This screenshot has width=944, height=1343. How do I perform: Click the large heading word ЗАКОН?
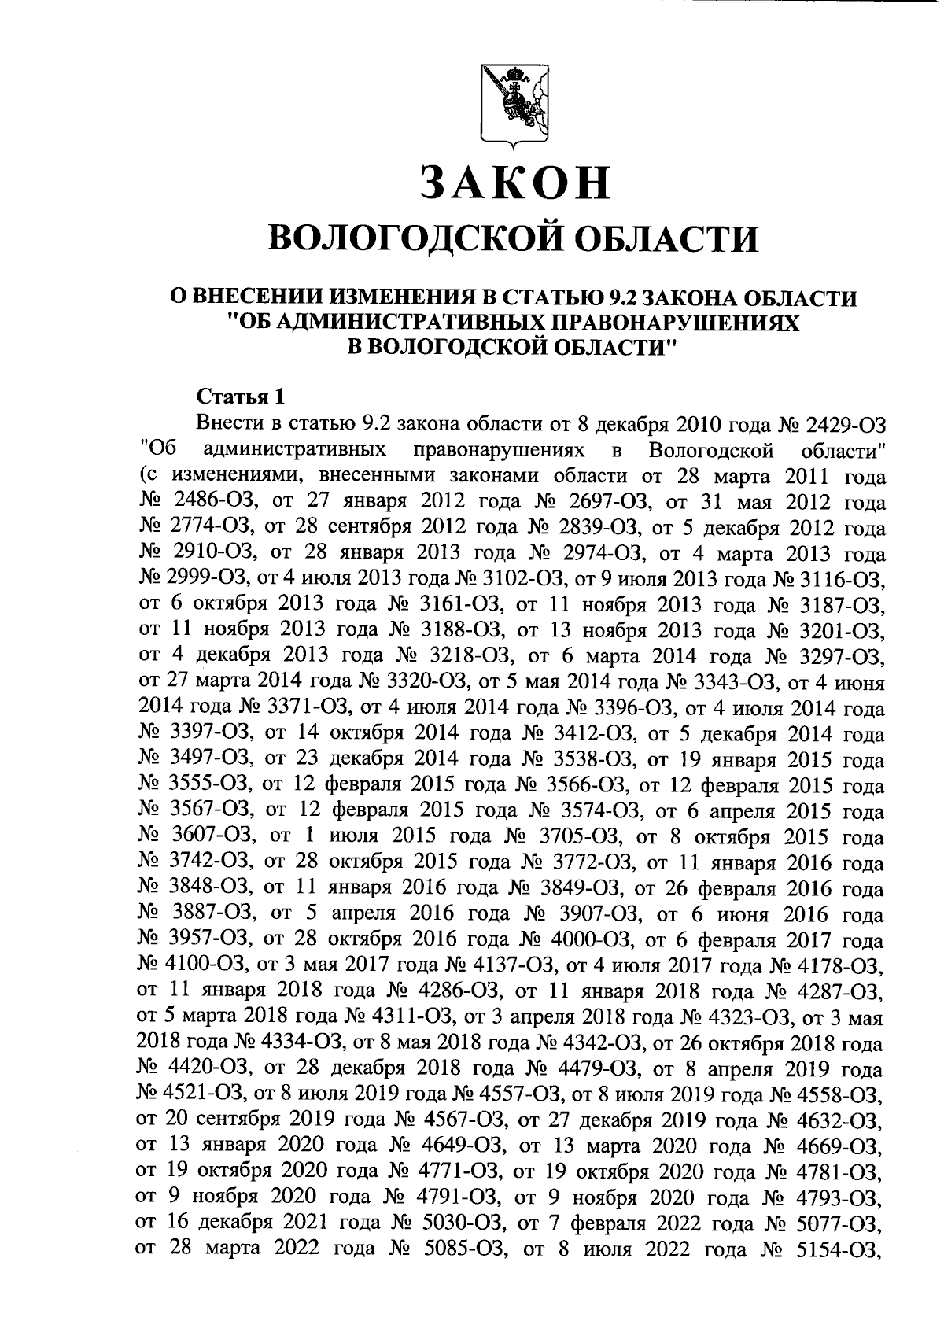pyautogui.click(x=514, y=183)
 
